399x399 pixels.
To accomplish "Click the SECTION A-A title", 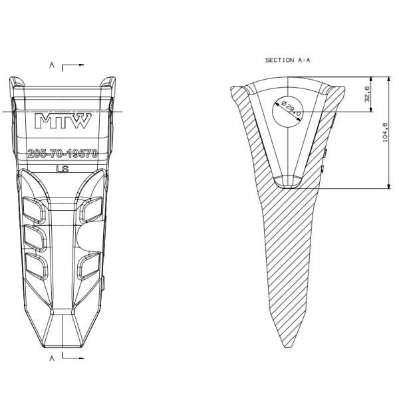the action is (287, 61).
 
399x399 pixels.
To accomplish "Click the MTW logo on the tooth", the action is (63, 120).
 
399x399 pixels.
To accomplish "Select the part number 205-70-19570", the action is (63, 154).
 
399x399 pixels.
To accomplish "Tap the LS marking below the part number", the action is (63, 169).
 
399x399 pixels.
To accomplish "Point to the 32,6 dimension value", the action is (368, 94).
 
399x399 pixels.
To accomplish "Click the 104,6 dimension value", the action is (385, 132).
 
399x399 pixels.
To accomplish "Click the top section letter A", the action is (52, 65).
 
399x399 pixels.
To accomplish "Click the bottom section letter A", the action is (52, 358).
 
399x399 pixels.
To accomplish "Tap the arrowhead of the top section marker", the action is (81, 65).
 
